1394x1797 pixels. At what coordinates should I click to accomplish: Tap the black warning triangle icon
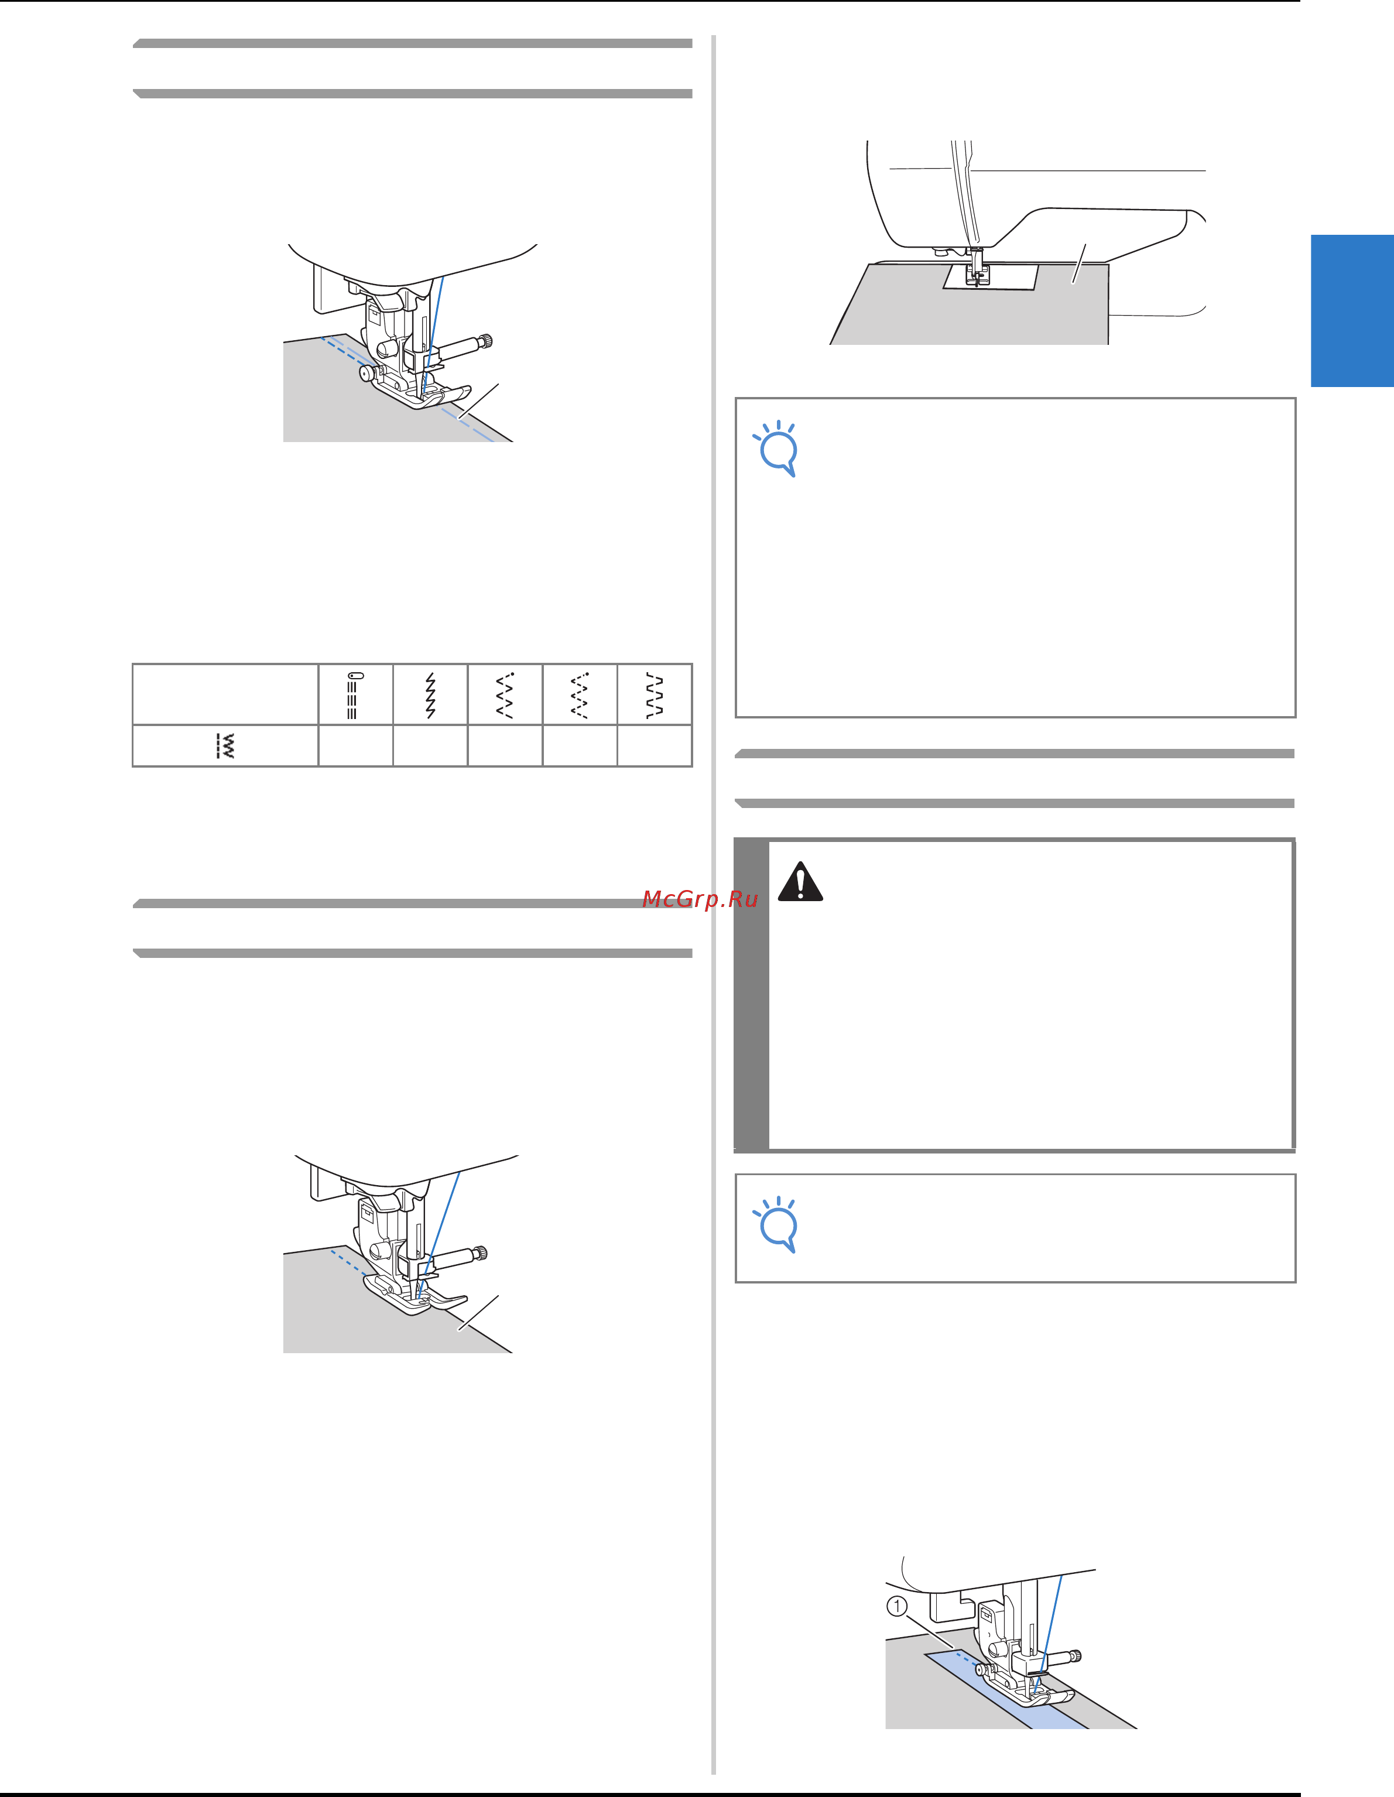tap(800, 881)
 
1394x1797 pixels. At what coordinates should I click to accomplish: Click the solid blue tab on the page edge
tap(1352, 310)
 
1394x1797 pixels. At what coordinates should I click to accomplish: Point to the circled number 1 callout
tap(897, 1606)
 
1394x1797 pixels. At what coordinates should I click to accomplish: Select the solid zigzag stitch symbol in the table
tap(430, 695)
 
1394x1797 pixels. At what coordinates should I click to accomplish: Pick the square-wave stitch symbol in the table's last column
tap(654, 695)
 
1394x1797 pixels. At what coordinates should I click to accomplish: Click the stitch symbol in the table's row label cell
tap(225, 745)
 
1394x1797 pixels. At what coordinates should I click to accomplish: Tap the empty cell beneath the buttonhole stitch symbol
tap(355, 745)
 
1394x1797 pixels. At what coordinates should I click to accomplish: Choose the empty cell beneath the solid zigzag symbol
tap(430, 745)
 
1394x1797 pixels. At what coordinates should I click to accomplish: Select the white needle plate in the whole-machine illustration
tap(991, 278)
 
